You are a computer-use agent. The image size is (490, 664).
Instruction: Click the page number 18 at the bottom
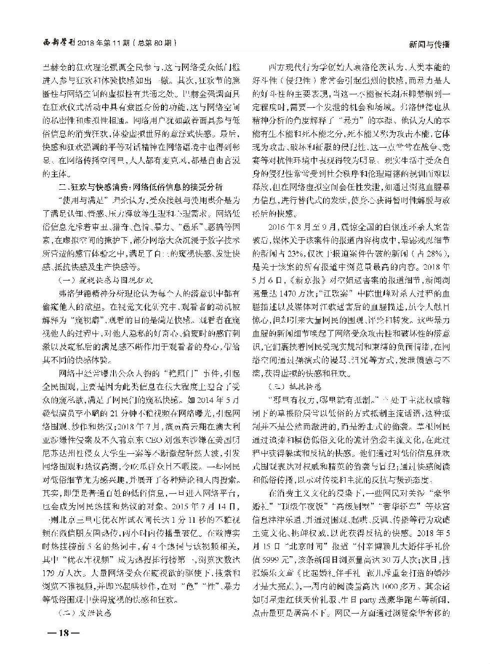tap(63, 633)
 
